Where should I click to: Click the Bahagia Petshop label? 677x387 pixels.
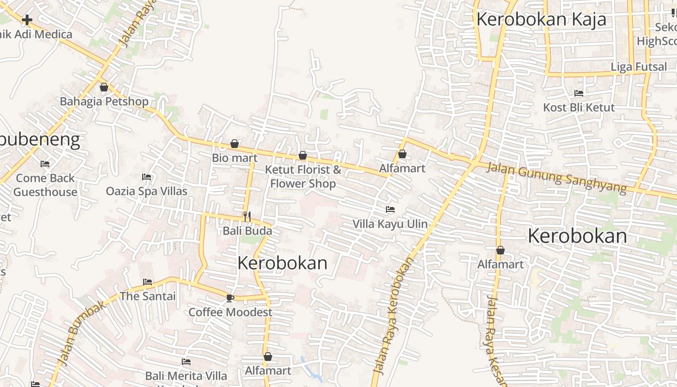(104, 102)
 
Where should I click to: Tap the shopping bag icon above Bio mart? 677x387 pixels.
(235, 144)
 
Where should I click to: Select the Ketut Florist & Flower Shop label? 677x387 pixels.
(303, 177)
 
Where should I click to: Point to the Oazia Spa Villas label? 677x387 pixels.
(147, 191)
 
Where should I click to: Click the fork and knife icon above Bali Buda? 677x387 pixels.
(247, 216)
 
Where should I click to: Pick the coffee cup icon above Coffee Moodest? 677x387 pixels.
(230, 298)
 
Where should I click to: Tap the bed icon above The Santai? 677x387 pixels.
(147, 282)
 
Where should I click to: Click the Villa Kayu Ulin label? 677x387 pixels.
(390, 224)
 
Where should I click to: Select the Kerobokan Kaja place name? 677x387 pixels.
(541, 20)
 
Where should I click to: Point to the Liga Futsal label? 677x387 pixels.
(639, 67)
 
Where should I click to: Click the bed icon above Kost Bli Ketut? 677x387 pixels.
(579, 93)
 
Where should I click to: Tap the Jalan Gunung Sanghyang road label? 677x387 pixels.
(557, 177)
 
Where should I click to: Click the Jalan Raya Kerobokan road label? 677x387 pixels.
(394, 314)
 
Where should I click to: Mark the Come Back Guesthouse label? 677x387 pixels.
(45, 185)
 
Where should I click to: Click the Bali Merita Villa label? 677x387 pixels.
(186, 376)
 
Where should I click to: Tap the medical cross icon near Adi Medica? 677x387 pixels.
(27, 20)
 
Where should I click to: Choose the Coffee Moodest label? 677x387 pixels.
(230, 312)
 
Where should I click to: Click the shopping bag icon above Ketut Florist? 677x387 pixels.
(303, 155)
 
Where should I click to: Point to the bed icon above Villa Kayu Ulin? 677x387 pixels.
(390, 209)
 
